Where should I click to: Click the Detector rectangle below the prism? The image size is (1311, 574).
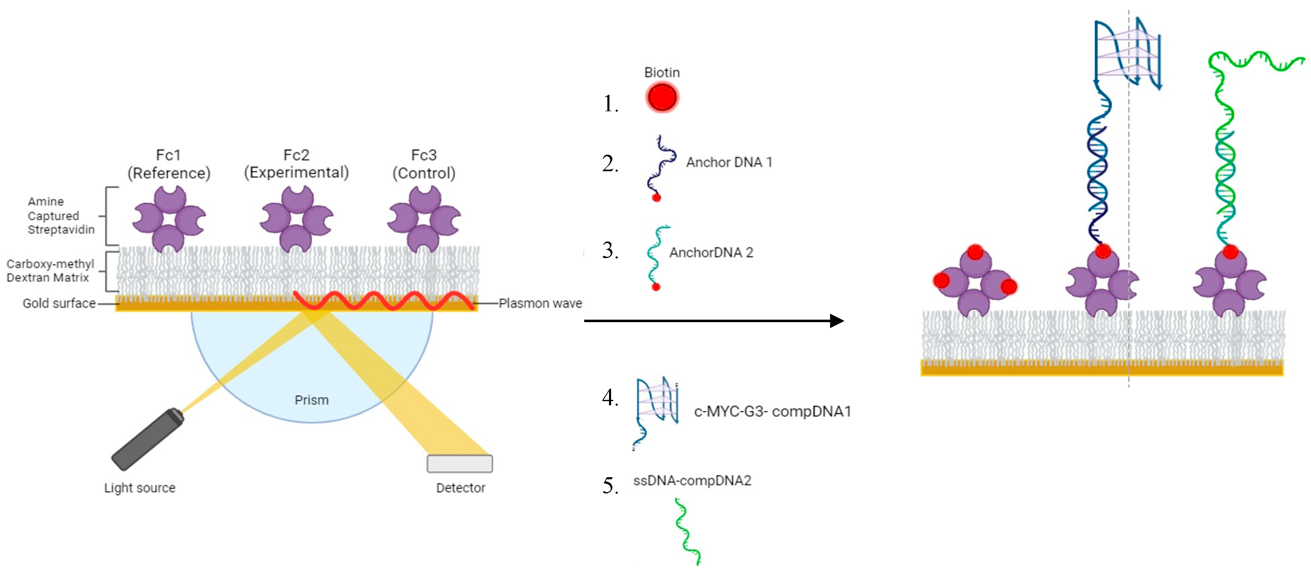point(459,464)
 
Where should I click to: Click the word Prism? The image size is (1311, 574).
point(312,400)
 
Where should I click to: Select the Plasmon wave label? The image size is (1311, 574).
point(540,303)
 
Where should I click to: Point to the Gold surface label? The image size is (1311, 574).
point(59,303)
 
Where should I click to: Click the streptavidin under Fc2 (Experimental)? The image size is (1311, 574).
point(297,219)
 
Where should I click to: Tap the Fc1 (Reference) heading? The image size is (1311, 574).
point(169,164)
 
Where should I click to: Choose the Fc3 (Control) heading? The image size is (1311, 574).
point(424,164)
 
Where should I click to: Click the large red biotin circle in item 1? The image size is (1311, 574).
point(661,97)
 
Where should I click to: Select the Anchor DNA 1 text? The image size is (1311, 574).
point(729,163)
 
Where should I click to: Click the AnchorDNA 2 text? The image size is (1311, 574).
point(711,253)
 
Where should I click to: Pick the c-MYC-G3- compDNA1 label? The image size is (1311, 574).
point(772,411)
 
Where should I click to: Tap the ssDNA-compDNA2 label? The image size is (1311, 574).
point(692,480)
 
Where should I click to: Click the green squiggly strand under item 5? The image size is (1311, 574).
point(687,532)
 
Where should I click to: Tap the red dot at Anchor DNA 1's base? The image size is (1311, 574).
point(656,198)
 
